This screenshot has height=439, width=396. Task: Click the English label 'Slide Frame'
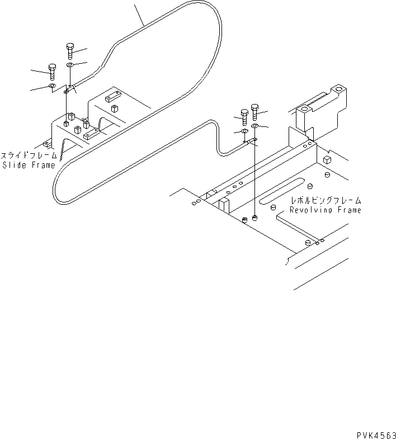(x=29, y=165)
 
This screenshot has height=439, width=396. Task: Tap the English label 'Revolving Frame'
(x=325, y=210)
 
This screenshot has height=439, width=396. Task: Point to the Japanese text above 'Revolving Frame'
(x=325, y=200)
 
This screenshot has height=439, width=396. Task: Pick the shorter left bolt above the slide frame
(x=52, y=71)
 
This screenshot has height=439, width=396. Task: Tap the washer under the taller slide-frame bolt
(x=69, y=65)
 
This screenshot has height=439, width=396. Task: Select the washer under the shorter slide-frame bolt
(x=51, y=86)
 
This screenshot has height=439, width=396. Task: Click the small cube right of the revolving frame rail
(x=328, y=159)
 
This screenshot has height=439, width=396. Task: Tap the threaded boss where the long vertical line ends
(x=255, y=218)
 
